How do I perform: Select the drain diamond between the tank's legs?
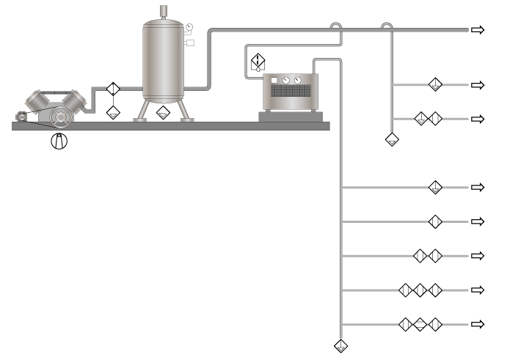(x=163, y=113)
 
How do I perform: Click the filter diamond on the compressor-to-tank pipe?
(x=112, y=89)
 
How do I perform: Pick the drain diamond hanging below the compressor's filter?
(x=112, y=112)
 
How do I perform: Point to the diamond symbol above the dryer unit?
(x=258, y=61)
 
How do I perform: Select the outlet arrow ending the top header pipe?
(x=478, y=29)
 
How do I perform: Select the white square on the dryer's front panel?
(x=273, y=80)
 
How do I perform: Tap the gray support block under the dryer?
(x=292, y=116)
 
